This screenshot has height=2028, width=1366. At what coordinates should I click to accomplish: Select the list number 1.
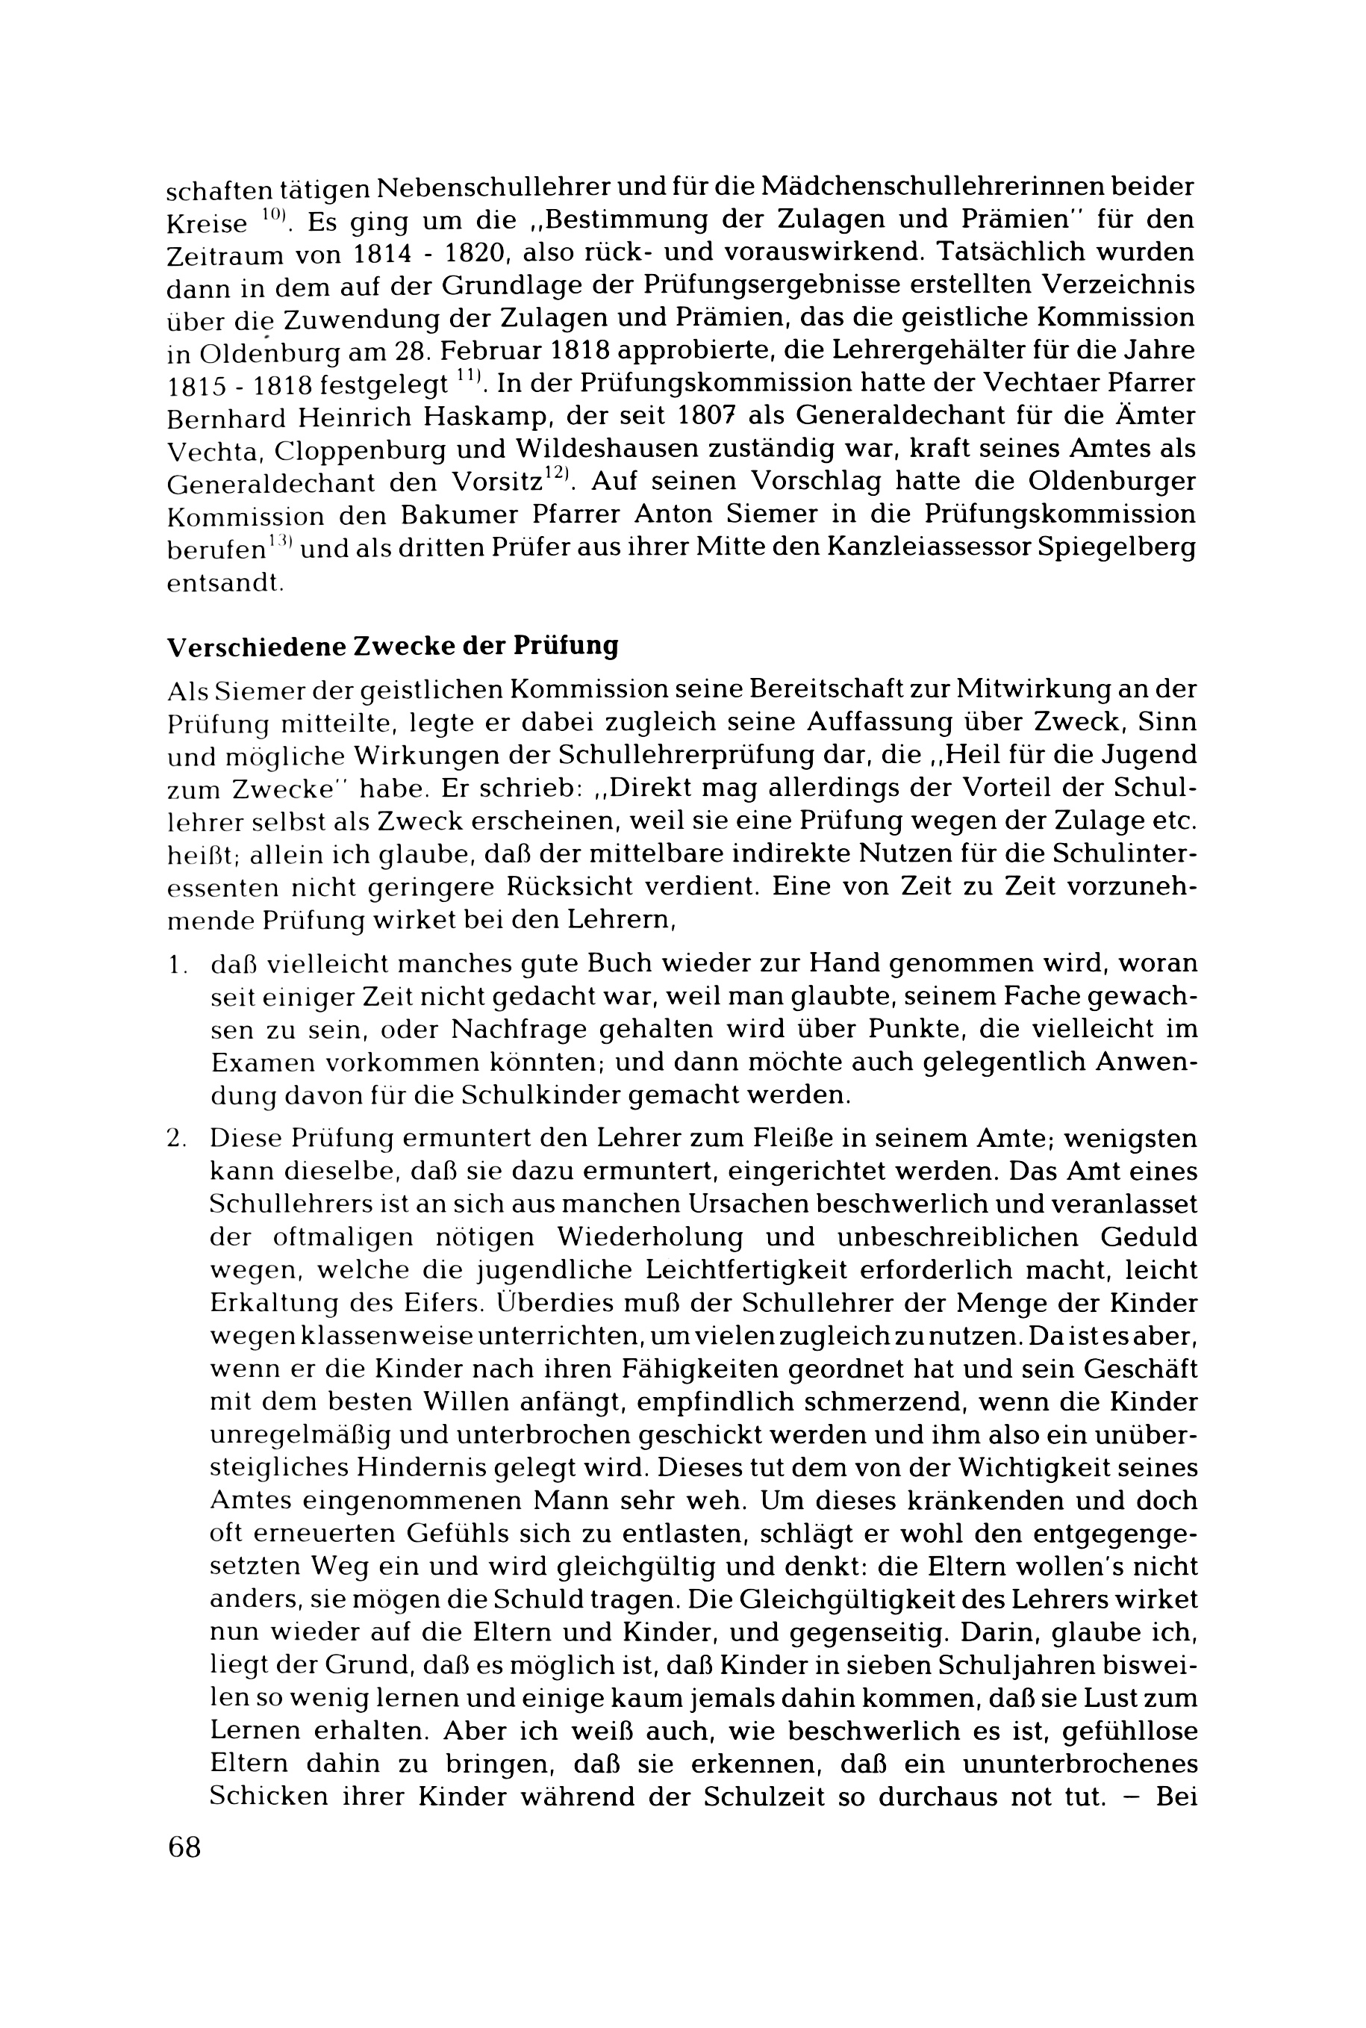pos(177,965)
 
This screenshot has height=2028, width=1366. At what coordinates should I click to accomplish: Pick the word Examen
pos(262,1063)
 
